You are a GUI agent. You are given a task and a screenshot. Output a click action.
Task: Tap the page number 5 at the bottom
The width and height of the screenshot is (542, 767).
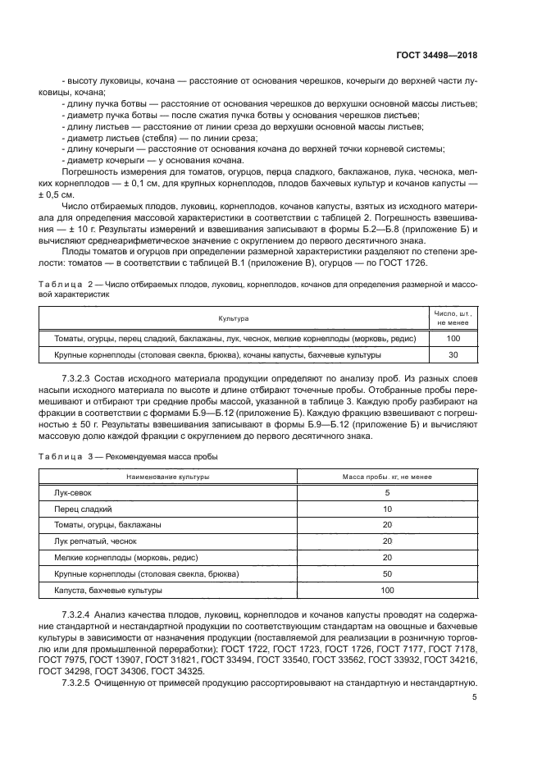pos(475,698)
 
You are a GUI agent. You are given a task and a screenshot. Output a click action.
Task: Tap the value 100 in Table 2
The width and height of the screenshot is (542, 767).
pos(453,338)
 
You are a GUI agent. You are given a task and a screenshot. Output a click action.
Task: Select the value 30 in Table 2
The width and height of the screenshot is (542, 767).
pos(453,355)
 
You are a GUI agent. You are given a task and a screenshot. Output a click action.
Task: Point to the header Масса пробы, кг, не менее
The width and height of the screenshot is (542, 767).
pos(387,476)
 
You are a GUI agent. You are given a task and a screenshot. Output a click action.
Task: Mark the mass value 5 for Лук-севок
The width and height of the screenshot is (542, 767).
pos(387,492)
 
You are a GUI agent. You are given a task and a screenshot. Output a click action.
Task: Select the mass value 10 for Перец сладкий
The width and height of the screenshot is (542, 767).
pos(387,509)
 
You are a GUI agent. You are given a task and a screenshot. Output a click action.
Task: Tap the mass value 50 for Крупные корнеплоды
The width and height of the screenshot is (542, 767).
pos(387,573)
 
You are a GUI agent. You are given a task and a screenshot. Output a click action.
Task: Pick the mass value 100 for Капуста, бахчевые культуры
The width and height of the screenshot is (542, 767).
pos(387,590)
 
